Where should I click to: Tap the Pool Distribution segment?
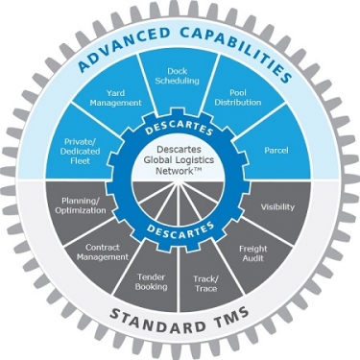point(236,97)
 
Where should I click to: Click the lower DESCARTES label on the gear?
point(180,229)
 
